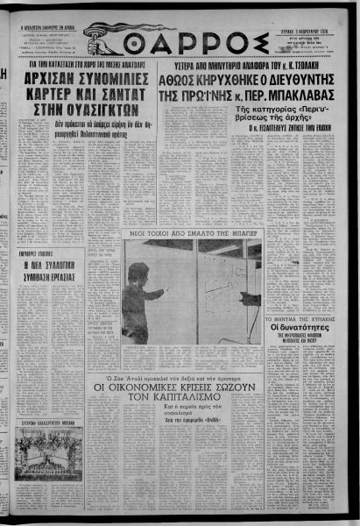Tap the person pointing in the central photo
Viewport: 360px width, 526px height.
(x=138, y=298)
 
